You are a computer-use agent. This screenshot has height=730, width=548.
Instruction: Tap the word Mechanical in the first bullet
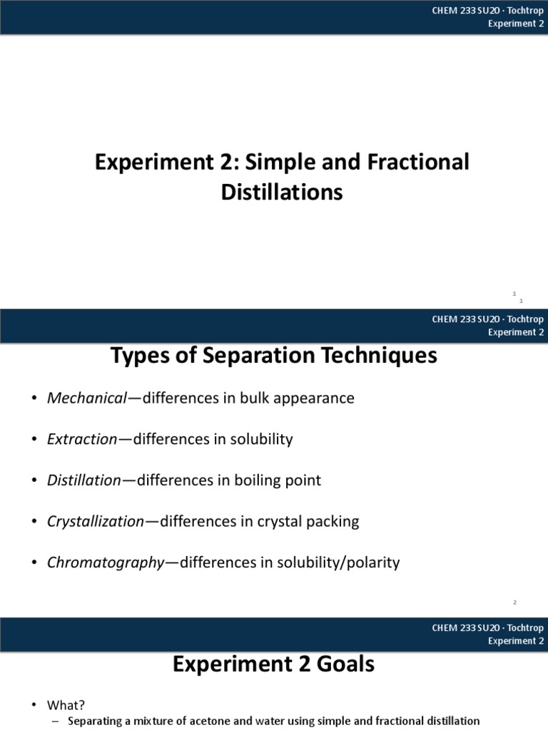(x=86, y=398)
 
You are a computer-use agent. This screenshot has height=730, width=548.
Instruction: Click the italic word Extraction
(x=81, y=439)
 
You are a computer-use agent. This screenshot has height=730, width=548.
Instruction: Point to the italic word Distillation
(x=84, y=480)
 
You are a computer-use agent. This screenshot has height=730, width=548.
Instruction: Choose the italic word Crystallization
(x=96, y=521)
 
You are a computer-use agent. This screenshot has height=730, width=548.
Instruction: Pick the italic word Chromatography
(x=106, y=562)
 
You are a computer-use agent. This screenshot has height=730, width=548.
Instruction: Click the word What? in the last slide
(x=66, y=704)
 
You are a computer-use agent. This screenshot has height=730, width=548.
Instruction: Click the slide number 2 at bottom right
(x=514, y=603)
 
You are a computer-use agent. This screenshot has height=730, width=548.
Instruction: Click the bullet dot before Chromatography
(x=34, y=563)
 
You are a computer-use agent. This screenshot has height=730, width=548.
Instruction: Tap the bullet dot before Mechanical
(x=34, y=399)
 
